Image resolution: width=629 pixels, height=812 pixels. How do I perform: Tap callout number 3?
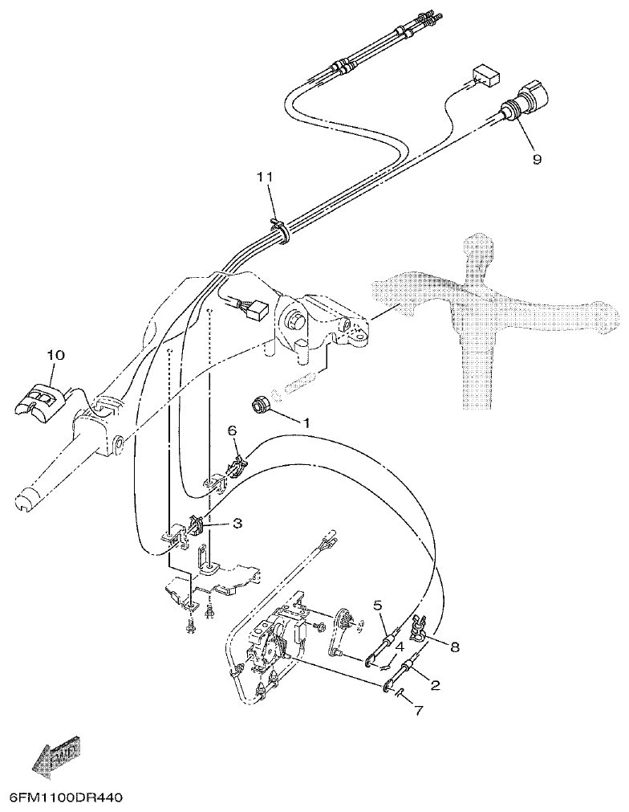pyautogui.click(x=237, y=524)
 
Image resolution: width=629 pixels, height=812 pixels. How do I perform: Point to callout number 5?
pyautogui.click(x=377, y=605)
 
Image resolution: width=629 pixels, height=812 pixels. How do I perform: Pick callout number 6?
pyautogui.click(x=232, y=431)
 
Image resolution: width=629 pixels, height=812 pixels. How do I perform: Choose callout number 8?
pyautogui.click(x=455, y=646)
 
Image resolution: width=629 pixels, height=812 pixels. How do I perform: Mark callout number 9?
pyautogui.click(x=537, y=158)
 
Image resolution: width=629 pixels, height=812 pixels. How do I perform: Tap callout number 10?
pyautogui.click(x=55, y=354)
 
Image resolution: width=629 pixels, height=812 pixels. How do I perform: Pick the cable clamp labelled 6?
pyautogui.click(x=238, y=465)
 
